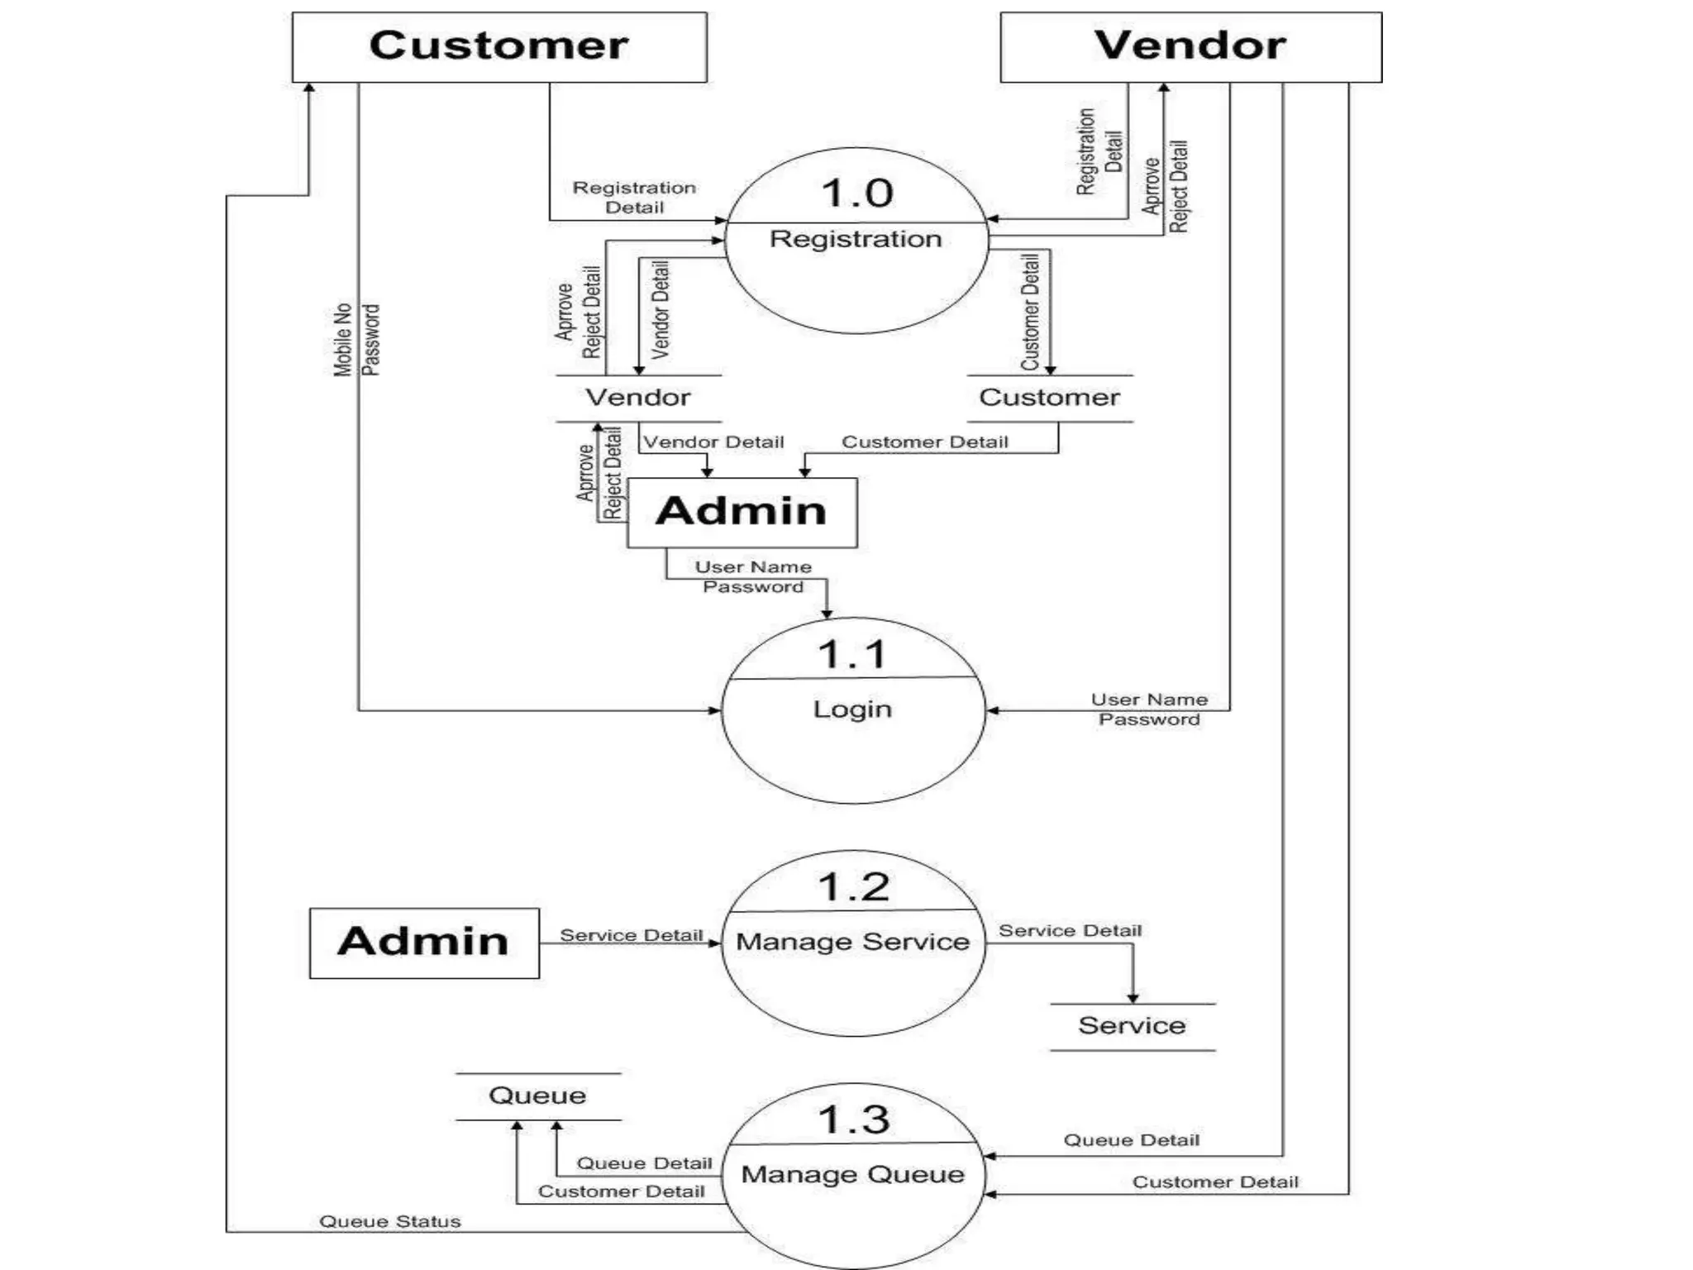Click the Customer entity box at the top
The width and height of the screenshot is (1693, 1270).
[499, 46]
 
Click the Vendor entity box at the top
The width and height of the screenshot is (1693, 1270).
[1190, 46]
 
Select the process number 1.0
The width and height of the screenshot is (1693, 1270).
[856, 193]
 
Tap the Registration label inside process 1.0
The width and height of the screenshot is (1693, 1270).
[856, 239]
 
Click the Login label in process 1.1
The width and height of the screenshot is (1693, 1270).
[852, 709]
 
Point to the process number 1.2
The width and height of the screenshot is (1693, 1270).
[853, 887]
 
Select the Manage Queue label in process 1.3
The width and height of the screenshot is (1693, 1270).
[852, 1174]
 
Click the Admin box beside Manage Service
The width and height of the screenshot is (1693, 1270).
[424, 943]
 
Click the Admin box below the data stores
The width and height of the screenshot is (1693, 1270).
[742, 512]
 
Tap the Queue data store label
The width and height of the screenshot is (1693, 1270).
[537, 1096]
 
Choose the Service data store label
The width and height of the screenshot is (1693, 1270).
[1132, 1026]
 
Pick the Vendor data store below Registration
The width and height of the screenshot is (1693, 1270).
[637, 398]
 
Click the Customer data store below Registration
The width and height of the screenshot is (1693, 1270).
[1049, 398]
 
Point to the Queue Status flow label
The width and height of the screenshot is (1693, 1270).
[389, 1221]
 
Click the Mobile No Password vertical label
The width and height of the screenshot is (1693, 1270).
[356, 339]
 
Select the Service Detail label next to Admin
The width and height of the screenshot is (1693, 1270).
[631, 935]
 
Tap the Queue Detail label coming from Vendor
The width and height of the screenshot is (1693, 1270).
[1131, 1140]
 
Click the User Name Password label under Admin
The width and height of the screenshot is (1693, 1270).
[752, 576]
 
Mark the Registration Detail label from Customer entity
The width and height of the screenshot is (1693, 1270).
[634, 198]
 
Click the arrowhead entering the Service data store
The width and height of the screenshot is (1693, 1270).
[1133, 998]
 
